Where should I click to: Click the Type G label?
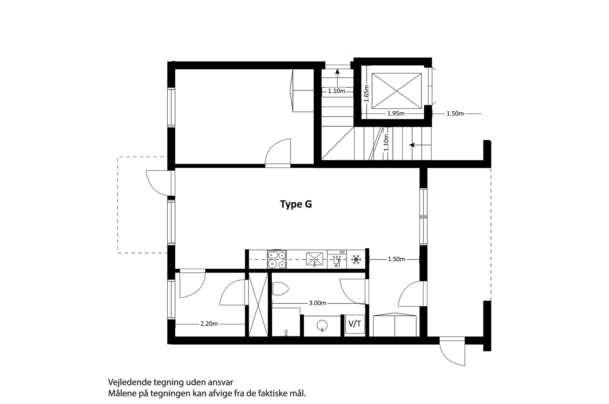(296, 204)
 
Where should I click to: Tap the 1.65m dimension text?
(366, 94)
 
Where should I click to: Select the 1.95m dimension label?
(396, 114)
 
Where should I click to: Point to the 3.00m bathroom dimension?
(317, 303)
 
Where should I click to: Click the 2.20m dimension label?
(209, 324)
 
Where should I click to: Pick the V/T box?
(355, 324)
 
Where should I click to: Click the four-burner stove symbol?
(277, 259)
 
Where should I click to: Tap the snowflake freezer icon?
(356, 259)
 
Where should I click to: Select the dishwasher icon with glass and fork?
(337, 259)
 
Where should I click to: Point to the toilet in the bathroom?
(279, 289)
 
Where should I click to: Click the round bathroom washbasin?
(322, 325)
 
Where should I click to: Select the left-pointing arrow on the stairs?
(420, 145)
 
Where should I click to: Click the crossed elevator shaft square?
(397, 91)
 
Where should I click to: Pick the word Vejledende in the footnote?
(130, 382)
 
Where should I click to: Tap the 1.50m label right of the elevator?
(455, 114)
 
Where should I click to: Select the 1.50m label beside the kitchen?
(396, 259)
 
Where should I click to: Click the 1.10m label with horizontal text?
(337, 91)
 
